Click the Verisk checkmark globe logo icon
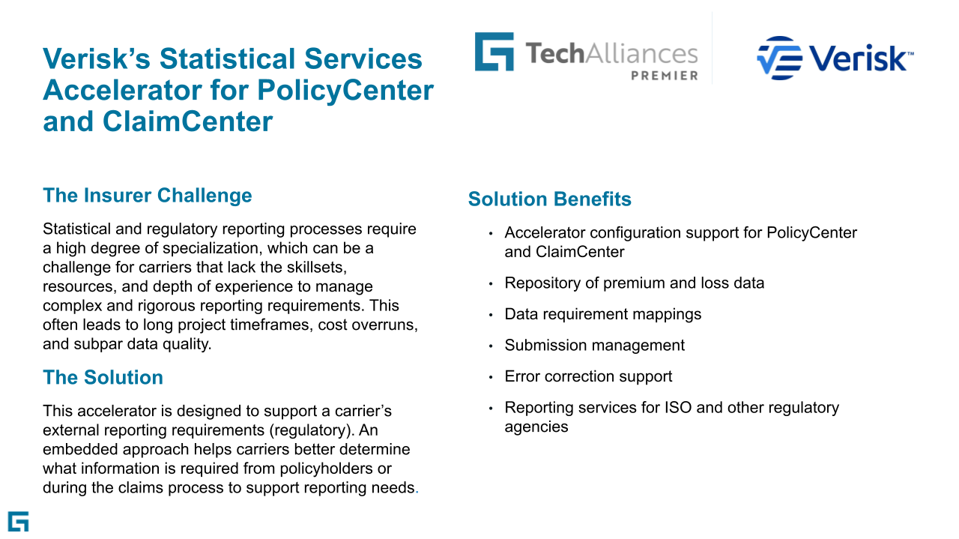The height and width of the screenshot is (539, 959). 779,58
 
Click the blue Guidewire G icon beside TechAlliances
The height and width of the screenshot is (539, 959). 494,52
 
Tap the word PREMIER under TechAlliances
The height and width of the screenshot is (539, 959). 665,76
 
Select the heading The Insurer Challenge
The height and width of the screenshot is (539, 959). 148,196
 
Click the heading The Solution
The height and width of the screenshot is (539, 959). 103,378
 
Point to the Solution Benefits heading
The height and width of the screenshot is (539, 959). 550,199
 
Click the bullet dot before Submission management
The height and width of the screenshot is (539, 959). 491,346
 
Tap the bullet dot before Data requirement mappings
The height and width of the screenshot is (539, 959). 491,315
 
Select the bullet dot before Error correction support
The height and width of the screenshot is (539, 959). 491,378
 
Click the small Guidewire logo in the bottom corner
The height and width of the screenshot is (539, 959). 19,522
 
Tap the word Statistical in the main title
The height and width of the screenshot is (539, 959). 227,58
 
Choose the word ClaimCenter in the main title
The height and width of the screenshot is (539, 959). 187,121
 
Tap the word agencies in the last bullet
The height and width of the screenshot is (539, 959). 536,427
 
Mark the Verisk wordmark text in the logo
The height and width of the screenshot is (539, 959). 858,58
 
